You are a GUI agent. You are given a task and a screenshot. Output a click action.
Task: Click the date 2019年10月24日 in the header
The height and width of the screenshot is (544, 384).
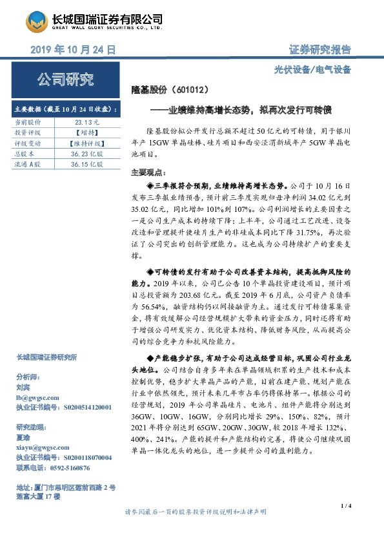(x=73, y=50)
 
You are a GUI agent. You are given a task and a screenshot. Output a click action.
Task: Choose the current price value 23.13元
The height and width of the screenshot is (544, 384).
(x=86, y=121)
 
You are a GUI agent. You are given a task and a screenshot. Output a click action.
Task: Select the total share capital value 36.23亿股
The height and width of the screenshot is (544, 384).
(x=87, y=154)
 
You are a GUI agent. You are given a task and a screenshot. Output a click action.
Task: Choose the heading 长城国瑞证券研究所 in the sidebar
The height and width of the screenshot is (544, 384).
(x=46, y=357)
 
